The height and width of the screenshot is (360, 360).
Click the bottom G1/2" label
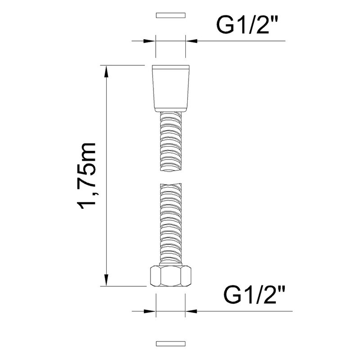[254, 295]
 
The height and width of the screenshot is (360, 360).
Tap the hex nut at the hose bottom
[171, 276]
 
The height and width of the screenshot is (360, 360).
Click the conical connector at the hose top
[171, 88]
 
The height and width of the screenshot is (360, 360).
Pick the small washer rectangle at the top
[171, 15]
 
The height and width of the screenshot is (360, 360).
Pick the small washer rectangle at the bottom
[171, 343]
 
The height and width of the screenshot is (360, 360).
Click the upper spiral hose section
[171, 141]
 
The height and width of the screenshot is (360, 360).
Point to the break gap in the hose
[171, 177]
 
